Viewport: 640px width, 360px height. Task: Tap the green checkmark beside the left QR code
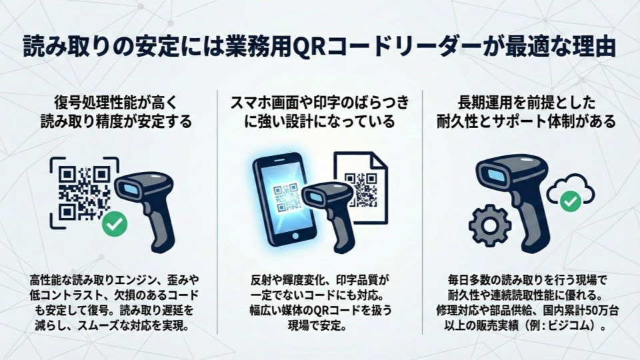(x=115, y=224)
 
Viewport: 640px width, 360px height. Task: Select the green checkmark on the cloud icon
(x=570, y=201)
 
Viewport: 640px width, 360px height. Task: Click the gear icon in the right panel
(x=490, y=225)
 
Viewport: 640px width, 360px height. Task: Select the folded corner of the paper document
(x=379, y=160)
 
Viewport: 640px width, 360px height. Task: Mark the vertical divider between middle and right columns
(x=422, y=212)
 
